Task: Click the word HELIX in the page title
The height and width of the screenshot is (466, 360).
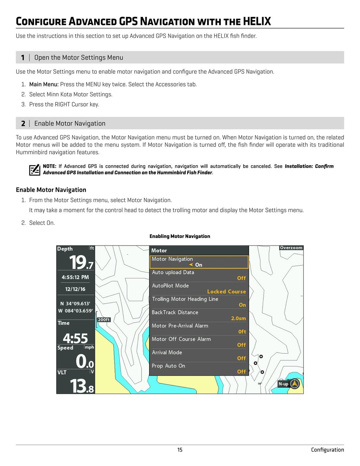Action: coord(257,21)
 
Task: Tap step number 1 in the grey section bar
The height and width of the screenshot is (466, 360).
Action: coord(23,58)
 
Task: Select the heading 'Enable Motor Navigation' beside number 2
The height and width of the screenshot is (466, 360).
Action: coord(70,123)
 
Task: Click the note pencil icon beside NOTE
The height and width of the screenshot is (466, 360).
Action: coord(34,170)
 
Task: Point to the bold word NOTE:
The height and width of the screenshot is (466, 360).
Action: coord(50,166)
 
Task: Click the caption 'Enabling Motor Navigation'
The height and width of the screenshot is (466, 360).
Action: coord(180,236)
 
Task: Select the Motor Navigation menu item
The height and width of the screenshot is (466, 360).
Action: coord(199,262)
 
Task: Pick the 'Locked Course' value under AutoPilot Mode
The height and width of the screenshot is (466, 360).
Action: coord(226,291)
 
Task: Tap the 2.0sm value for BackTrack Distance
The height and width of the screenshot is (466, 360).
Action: coord(238,318)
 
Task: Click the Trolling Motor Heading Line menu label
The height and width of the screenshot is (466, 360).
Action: coord(185,299)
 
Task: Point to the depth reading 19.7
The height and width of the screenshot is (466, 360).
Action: coord(81,262)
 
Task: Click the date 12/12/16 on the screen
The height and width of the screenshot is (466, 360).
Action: coord(75,289)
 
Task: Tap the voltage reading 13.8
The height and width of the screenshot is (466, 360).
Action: coord(82,386)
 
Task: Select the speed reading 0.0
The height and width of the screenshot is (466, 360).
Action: coord(85,361)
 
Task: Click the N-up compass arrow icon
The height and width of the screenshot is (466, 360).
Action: coord(295,384)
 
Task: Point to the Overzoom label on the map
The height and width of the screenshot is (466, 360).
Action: coord(291,248)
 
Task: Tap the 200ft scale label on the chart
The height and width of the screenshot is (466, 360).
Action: coord(104,320)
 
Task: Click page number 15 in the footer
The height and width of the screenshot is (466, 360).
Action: coord(180,450)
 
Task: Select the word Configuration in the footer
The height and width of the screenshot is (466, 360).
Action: coord(327,450)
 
